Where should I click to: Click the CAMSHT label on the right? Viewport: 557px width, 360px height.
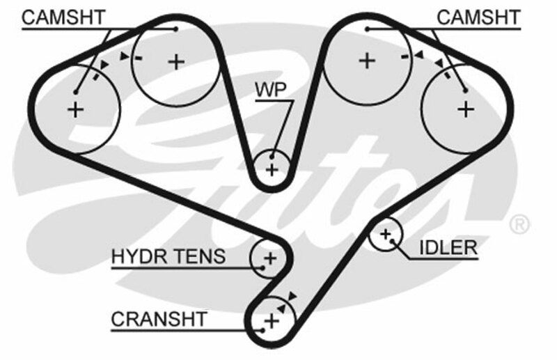point(478,17)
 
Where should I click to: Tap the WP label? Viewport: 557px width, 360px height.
point(273,90)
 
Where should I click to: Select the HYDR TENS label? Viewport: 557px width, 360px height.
point(168,257)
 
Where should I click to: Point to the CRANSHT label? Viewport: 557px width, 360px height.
point(159,319)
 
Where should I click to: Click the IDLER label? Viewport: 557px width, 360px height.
point(448,247)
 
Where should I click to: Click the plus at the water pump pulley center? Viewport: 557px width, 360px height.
point(272,169)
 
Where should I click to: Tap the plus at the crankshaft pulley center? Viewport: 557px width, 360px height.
point(271,321)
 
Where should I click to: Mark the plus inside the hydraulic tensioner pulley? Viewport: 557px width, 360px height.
point(269,258)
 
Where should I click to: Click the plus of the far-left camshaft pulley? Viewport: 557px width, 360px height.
point(75,109)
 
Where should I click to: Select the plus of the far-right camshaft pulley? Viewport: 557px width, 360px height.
point(465,108)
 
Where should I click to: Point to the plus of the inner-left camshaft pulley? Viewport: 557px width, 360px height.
point(177,61)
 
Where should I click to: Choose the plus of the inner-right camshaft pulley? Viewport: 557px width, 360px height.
point(366,61)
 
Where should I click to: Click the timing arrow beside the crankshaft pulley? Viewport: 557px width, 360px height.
point(291,296)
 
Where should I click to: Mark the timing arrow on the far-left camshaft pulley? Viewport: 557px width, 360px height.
point(104,63)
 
